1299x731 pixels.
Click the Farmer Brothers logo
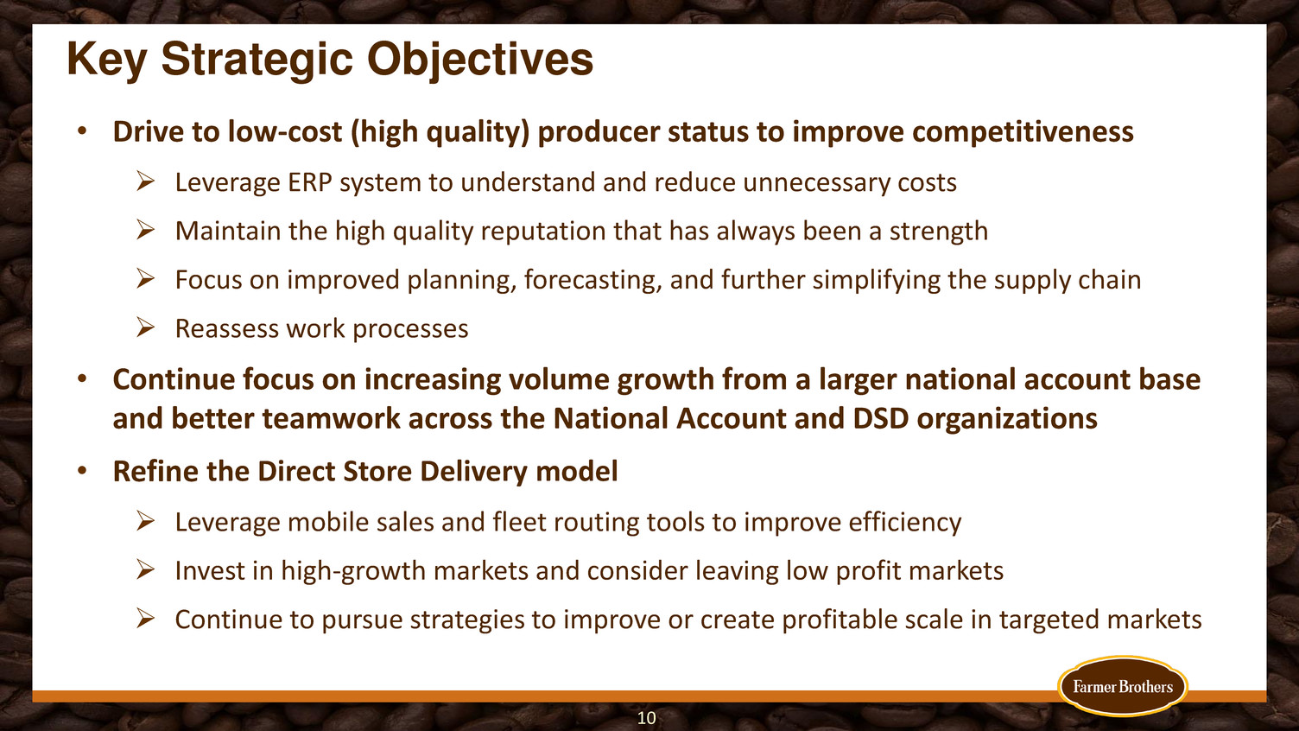pyautogui.click(x=1123, y=686)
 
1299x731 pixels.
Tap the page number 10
pyautogui.click(x=646, y=718)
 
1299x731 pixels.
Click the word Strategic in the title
pyautogui.click(x=257, y=60)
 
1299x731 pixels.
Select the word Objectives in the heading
pyautogui.click(x=480, y=60)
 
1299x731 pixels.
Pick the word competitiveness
pyautogui.click(x=1023, y=132)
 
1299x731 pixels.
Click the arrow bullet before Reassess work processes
pyautogui.click(x=145, y=327)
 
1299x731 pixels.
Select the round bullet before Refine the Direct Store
pyautogui.click(x=82, y=471)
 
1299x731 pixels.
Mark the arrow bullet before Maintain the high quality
pyautogui.click(x=145, y=231)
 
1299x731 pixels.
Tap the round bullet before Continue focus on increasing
pyautogui.click(x=82, y=380)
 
